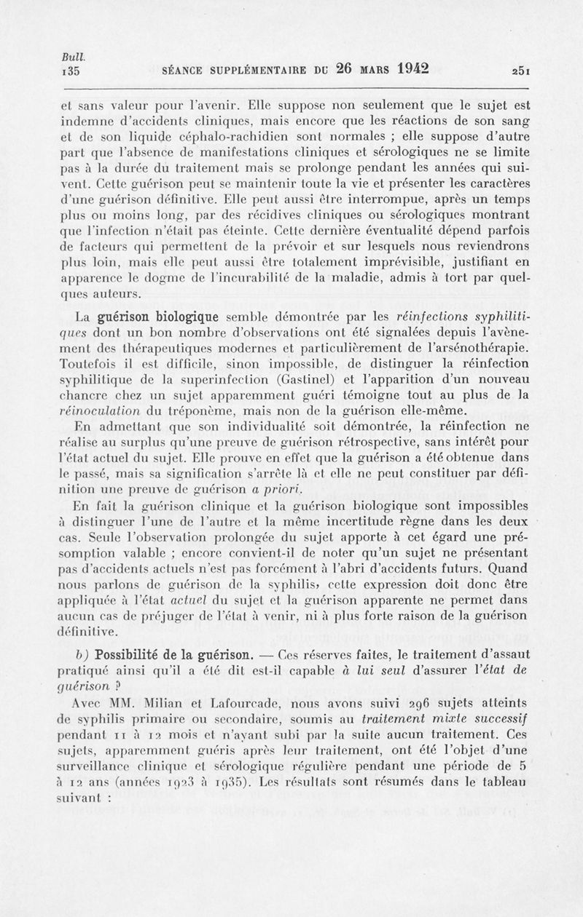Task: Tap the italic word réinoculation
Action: coord(101,411)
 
